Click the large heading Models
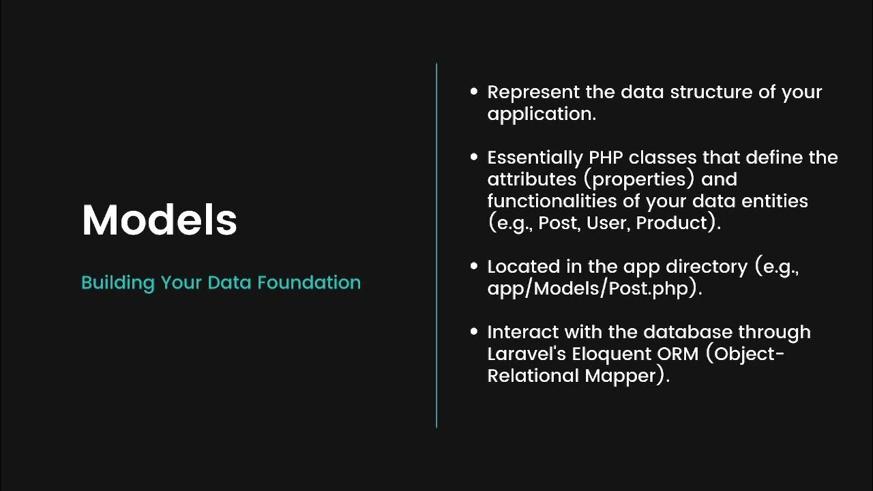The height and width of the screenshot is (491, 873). pyautogui.click(x=159, y=220)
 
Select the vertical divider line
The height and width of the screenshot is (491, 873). pyautogui.click(x=436, y=245)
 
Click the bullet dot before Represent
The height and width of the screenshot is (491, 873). pyautogui.click(x=474, y=91)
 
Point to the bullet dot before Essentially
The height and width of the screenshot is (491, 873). pyautogui.click(x=474, y=157)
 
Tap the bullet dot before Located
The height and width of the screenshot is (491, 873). pyautogui.click(x=474, y=266)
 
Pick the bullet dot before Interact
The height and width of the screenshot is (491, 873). pyautogui.click(x=474, y=331)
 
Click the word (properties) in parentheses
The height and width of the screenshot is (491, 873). pyautogui.click(x=639, y=179)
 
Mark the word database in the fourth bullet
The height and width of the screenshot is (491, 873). pyautogui.click(x=687, y=332)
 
